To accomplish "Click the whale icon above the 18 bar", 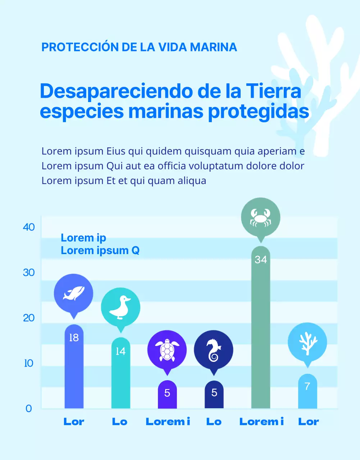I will click(x=74, y=293).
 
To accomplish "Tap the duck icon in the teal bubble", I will click(x=120, y=308).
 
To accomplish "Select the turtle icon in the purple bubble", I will click(x=167, y=350).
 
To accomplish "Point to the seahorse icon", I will click(x=214, y=350).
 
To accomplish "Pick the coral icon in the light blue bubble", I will click(x=307, y=342).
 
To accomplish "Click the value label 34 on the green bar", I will click(x=261, y=259).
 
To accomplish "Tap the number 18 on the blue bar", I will click(x=74, y=338).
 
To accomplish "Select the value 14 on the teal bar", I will click(x=120, y=351).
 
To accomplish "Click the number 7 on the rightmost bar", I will click(x=307, y=386).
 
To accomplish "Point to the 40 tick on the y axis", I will click(x=29, y=227).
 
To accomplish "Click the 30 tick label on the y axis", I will click(x=29, y=273).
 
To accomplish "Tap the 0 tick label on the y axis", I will click(x=29, y=409).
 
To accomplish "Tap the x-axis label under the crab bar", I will click(x=261, y=422).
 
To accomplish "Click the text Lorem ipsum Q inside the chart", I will click(x=100, y=250).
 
